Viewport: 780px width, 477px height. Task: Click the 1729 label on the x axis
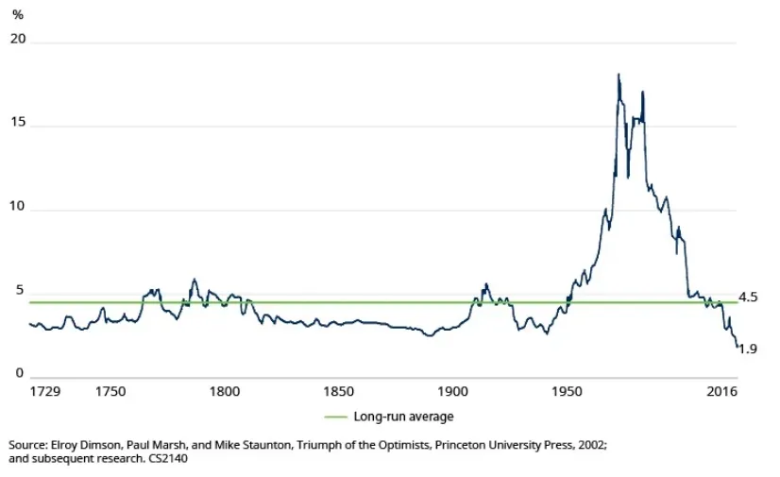45,391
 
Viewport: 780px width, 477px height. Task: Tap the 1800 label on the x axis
223,391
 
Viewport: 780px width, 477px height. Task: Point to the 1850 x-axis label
338,391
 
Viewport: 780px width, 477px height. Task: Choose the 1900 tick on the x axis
452,391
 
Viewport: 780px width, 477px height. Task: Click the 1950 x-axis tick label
568,391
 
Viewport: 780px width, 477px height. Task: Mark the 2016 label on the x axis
721,391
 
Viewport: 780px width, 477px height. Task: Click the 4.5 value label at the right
748,298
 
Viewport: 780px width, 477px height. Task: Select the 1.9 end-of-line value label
748,349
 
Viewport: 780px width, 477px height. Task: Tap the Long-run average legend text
404,417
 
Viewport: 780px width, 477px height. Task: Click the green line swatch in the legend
336,417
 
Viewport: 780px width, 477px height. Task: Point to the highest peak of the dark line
619,74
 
